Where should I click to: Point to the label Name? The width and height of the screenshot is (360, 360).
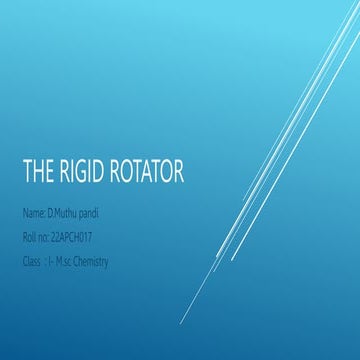[33, 215]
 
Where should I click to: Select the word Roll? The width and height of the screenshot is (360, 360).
[28, 238]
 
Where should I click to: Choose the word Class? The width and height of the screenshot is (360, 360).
[31, 261]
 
